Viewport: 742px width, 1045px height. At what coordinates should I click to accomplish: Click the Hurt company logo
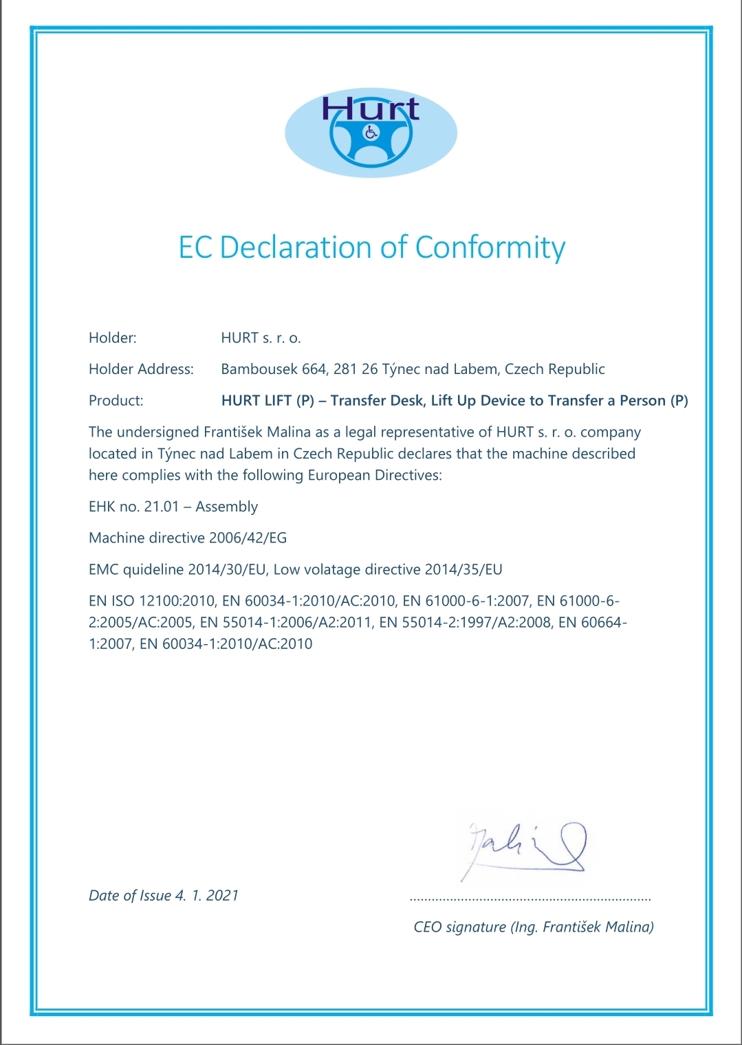[x=371, y=132]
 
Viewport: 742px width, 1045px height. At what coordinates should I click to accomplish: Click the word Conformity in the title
[x=490, y=247]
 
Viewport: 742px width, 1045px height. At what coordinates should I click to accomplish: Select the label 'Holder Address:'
[x=141, y=369]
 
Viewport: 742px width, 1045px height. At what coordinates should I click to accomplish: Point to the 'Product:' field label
[x=116, y=401]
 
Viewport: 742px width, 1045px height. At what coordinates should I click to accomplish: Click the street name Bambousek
[x=259, y=369]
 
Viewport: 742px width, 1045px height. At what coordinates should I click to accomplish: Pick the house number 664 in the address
[x=314, y=369]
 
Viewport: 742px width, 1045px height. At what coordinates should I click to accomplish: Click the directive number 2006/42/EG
[x=248, y=538]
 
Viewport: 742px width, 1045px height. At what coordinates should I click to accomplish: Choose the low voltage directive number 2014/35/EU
[x=463, y=569]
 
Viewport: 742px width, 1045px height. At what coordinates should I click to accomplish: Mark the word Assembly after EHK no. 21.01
[x=226, y=507]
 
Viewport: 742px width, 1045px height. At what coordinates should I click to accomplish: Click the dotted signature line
[x=530, y=899]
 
